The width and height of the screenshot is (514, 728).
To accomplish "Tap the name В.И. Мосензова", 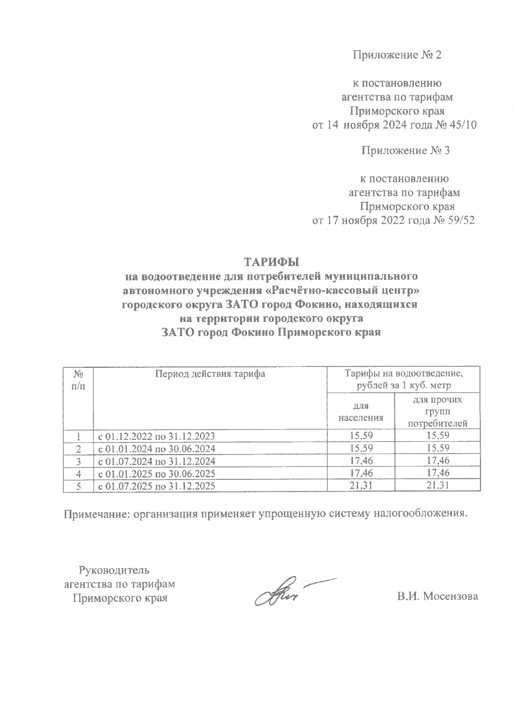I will (x=437, y=596).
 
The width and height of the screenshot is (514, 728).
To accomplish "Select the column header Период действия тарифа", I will (x=210, y=374).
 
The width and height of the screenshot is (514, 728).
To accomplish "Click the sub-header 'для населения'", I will (x=360, y=412).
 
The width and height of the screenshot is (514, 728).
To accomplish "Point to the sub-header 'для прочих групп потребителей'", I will (x=437, y=412).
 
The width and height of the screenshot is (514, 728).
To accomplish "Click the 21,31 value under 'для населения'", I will (x=360, y=486).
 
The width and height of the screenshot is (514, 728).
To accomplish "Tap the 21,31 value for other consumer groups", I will (x=437, y=486).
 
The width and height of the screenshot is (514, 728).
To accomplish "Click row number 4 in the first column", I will (x=78, y=473).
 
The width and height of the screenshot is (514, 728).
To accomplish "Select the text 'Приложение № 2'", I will (x=397, y=55).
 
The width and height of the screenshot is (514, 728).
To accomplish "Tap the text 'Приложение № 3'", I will (x=405, y=150).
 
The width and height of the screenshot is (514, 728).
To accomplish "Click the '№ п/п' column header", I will (x=78, y=379).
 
